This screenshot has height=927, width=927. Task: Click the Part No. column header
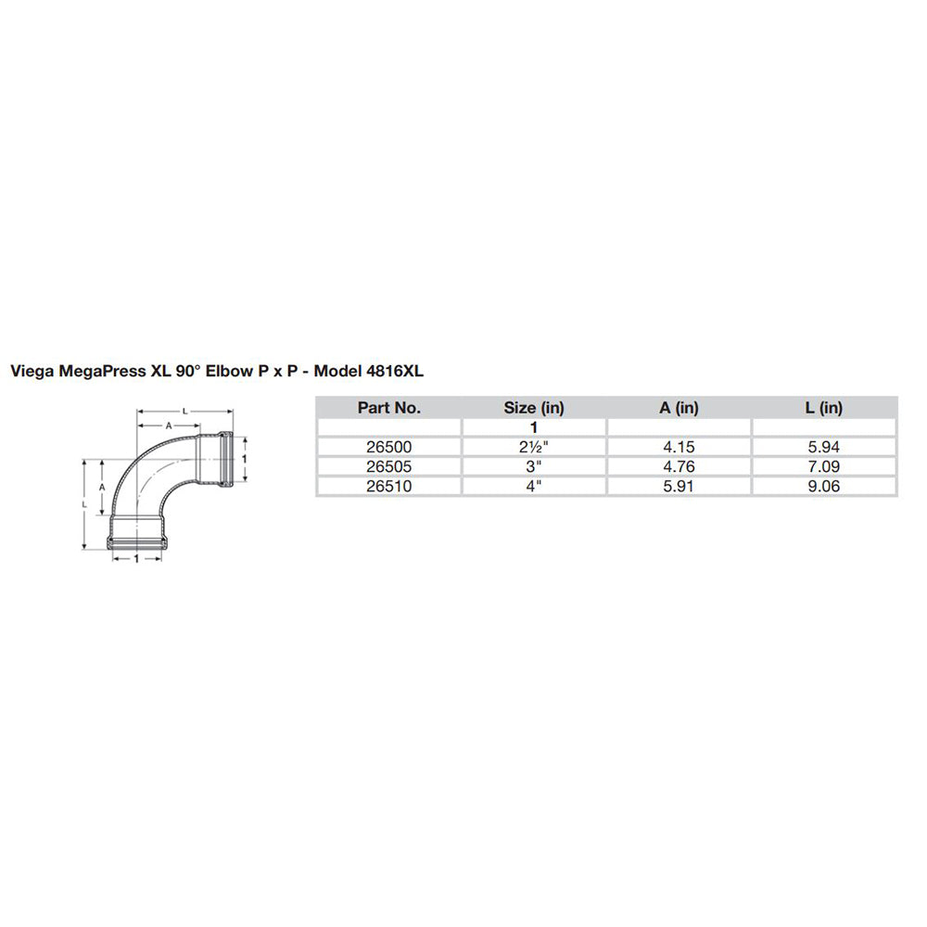(388, 407)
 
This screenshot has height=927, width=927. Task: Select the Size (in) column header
(534, 407)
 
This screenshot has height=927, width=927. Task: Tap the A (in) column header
(679, 407)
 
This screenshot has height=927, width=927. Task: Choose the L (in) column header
(824, 407)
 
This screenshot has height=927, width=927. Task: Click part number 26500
(388, 447)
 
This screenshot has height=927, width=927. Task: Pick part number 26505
(388, 466)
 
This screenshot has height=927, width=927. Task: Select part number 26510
(388, 486)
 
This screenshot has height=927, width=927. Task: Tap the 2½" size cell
(534, 447)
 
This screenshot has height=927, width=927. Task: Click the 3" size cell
(534, 466)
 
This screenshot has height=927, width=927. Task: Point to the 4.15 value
(679, 447)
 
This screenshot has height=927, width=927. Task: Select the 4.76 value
(679, 466)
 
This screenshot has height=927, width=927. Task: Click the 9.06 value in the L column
(824, 486)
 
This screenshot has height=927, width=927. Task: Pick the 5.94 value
(824, 447)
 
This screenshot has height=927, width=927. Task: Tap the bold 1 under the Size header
(534, 427)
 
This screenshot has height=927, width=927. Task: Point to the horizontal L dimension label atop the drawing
(184, 409)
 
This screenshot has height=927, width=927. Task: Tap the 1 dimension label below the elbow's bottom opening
(137, 560)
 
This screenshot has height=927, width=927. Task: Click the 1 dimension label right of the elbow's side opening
(244, 458)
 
